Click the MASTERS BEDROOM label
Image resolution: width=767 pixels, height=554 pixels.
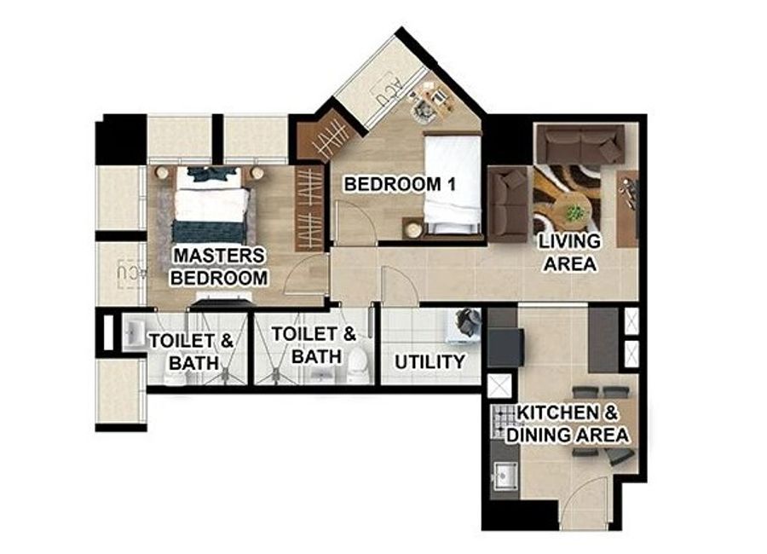click(219, 267)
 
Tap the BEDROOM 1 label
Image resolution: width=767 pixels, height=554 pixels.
click(400, 184)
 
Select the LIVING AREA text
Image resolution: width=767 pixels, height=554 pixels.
click(570, 252)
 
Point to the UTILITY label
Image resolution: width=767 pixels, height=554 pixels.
click(430, 362)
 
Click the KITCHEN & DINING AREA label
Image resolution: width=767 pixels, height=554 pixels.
click(568, 424)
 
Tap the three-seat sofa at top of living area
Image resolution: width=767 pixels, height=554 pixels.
click(580, 144)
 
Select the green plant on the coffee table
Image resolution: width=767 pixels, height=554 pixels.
click(574, 213)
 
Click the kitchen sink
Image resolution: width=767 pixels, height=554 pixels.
click(505, 476)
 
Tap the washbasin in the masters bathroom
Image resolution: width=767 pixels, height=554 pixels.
click(133, 333)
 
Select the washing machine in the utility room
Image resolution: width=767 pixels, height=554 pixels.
click(464, 324)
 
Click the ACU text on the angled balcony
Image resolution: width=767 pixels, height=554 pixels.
click(389, 90)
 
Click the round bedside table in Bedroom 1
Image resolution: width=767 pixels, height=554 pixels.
click(414, 229)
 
